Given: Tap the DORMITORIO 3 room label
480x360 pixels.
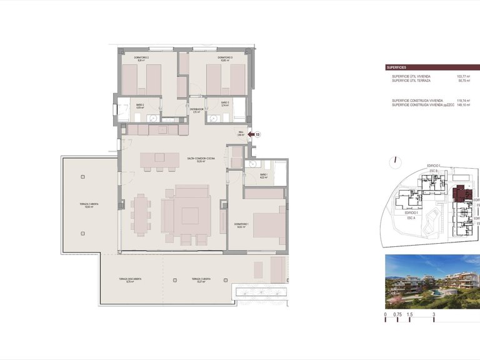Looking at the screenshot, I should pyautogui.click(x=225, y=59).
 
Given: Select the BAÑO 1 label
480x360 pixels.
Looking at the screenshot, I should pyautogui.click(x=263, y=176).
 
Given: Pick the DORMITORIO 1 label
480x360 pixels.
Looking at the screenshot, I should pyautogui.click(x=242, y=226).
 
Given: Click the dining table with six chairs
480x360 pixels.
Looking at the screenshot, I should pyautogui.click(x=141, y=212).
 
